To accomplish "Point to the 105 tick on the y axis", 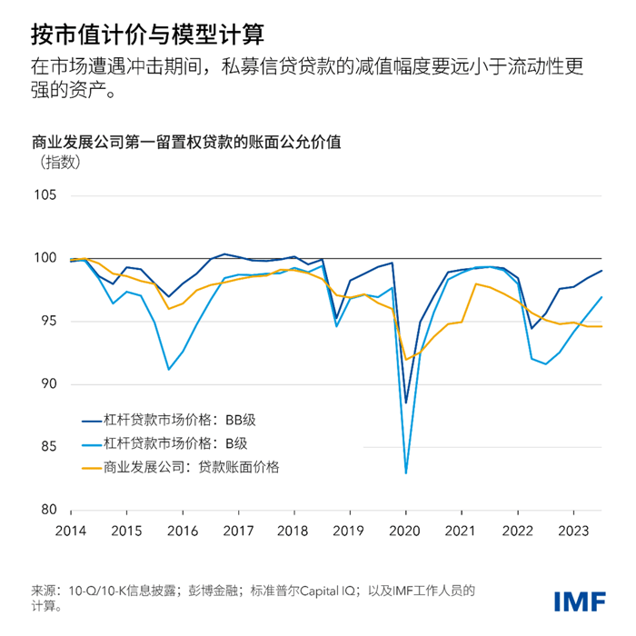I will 45,195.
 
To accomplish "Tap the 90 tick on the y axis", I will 47,384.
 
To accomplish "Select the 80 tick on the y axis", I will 47,510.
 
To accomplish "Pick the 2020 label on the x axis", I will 405,530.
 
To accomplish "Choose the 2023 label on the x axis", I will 571,530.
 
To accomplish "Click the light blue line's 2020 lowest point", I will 406,473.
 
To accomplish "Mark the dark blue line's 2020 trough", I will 406,402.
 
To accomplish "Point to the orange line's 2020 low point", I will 406,359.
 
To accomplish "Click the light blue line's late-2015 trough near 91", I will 168,369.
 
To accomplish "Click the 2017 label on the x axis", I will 238,530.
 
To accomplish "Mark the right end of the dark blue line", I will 601,271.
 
